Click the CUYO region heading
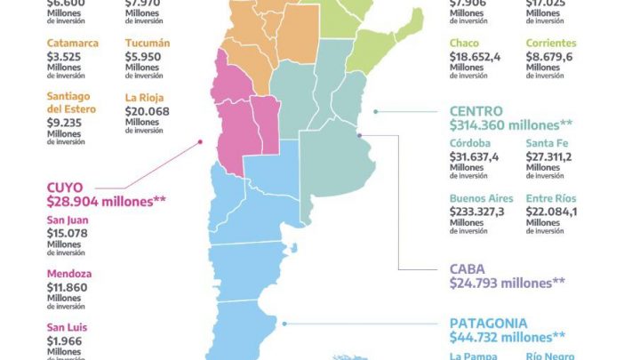click(x=66, y=188)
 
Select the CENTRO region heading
click(x=476, y=111)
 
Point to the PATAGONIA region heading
click(x=488, y=323)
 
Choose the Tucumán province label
click(x=147, y=43)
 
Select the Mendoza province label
click(x=69, y=274)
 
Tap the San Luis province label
click(x=68, y=327)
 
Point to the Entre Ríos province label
click(x=551, y=196)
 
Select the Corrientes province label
click(x=551, y=43)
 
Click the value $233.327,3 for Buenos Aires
click(x=477, y=211)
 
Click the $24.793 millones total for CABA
click(x=508, y=284)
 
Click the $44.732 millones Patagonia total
click(x=508, y=337)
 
